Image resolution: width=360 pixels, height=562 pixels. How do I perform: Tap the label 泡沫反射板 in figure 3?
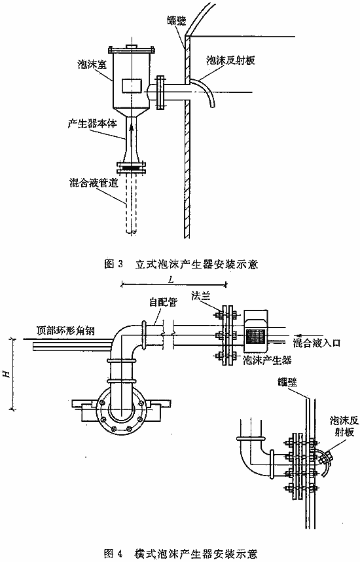pos(230,60)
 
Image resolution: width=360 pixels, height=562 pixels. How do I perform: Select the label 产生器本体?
pos(92,124)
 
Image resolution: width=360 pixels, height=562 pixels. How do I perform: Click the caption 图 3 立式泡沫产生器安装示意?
pos(181,265)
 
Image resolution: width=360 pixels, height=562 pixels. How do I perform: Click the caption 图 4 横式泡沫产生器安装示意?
pos(180,553)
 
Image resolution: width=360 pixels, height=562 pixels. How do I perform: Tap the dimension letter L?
pos(171,280)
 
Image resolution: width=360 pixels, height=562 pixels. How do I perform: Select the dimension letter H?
pos(6,374)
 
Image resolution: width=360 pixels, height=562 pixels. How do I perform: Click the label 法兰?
pos(200,296)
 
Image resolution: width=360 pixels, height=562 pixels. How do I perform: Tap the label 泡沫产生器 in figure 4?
pos(267,360)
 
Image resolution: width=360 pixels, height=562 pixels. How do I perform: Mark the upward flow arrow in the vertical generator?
pos(132,132)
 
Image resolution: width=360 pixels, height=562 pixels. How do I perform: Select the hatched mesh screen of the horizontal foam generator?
pos(255,336)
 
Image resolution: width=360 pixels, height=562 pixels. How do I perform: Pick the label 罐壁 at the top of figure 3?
pos(176,21)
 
